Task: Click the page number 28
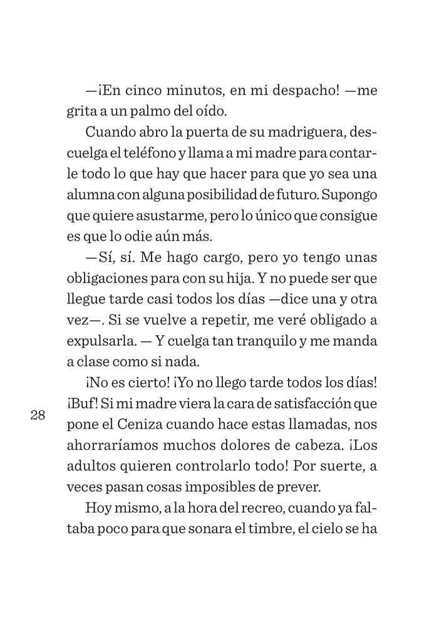click(38, 415)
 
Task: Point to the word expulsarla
click(101, 341)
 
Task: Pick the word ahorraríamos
click(118, 445)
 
